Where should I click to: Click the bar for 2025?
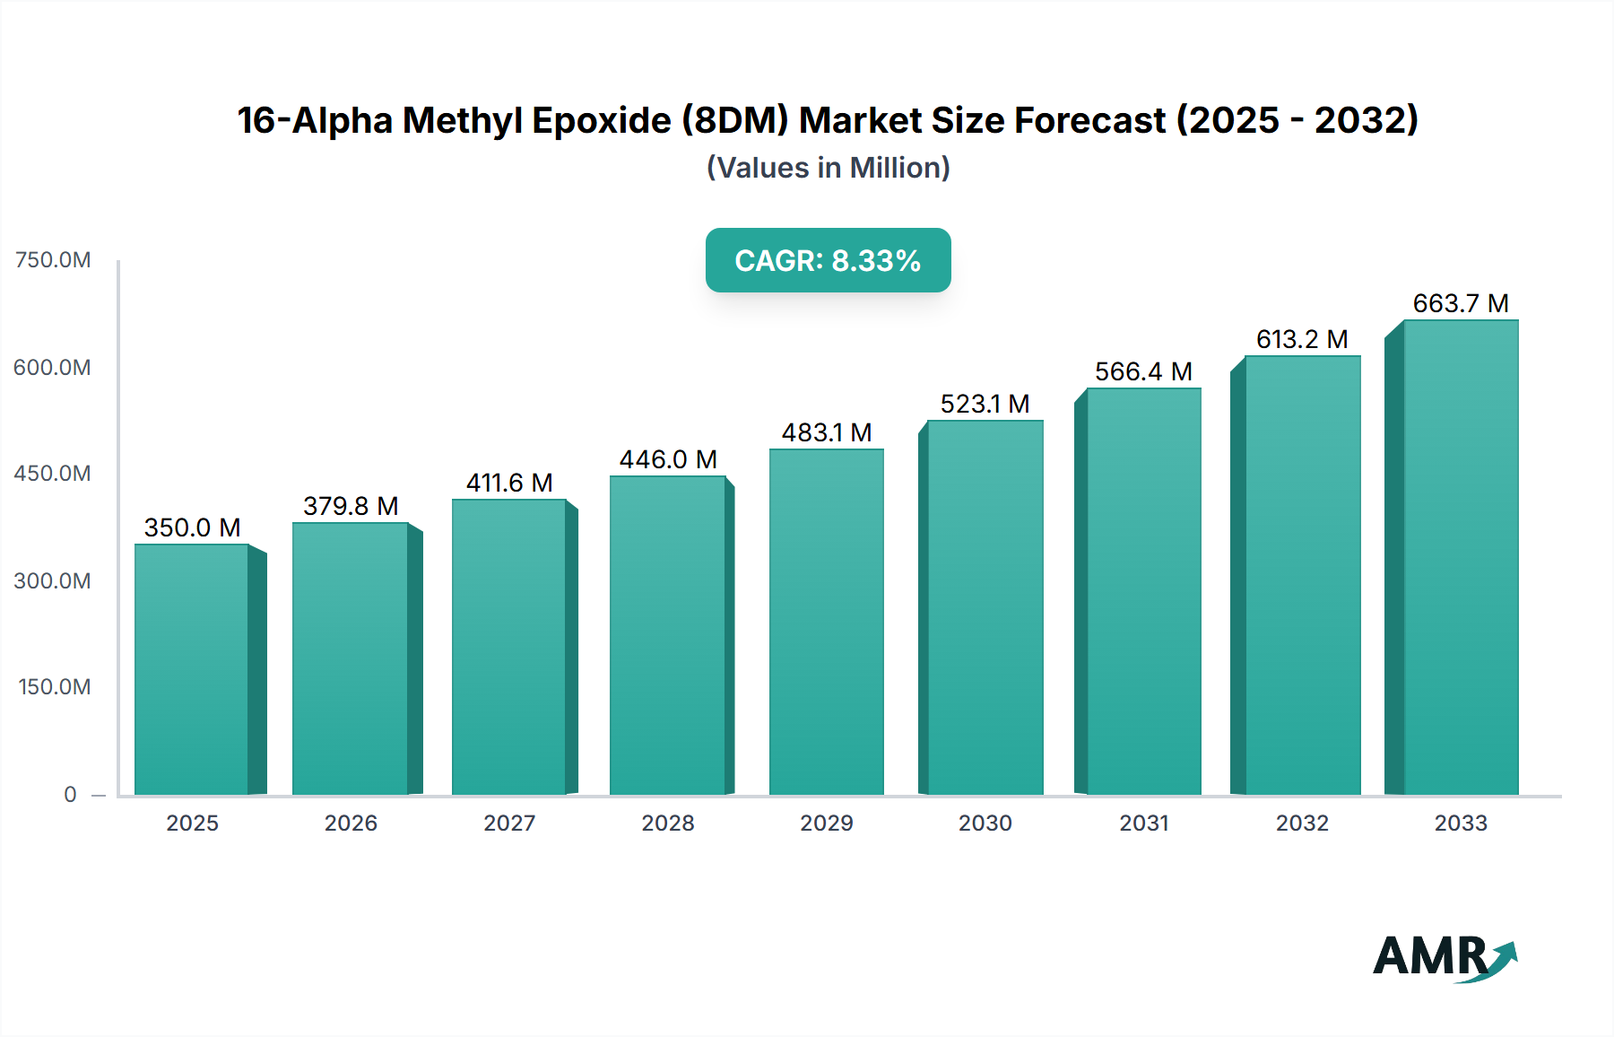(191, 668)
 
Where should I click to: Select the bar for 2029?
(826, 621)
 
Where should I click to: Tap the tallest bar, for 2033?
(1460, 556)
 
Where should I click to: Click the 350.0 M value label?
(192, 527)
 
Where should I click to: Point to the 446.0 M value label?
(668, 459)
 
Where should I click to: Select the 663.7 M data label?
(1460, 303)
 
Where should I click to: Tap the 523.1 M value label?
(985, 404)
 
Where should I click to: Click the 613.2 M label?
(1302, 339)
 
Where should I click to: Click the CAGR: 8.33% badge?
(828, 260)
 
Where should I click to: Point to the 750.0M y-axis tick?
(53, 260)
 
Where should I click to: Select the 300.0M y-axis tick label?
(53, 580)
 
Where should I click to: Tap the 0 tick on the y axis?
(70, 794)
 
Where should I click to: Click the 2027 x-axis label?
(509, 823)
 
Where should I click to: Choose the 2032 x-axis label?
(1302, 823)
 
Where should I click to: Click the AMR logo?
(1444, 957)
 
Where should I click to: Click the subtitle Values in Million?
(828, 168)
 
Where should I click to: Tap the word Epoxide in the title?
(601, 120)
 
